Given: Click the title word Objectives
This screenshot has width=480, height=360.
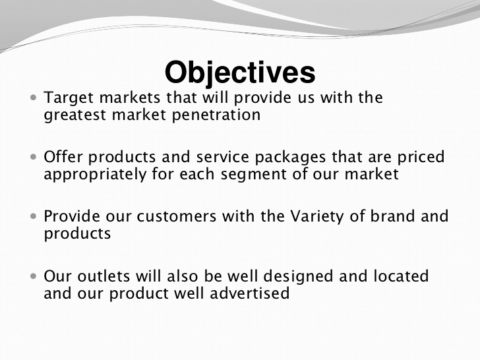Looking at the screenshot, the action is (240, 73).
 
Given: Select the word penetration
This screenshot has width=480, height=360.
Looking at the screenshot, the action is (216, 115).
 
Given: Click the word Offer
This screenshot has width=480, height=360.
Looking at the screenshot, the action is (63, 156).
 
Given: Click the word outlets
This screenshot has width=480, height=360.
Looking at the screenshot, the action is (104, 276).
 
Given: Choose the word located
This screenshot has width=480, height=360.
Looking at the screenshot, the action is (401, 276).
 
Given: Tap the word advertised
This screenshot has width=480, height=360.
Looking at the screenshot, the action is (249, 293).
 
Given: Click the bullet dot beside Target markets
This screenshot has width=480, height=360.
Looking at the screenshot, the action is (34, 98).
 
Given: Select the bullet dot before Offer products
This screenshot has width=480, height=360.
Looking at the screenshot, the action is (34, 157).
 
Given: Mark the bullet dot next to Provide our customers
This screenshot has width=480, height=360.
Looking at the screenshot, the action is (34, 216).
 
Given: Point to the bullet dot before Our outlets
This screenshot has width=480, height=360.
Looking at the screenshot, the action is (34, 276).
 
